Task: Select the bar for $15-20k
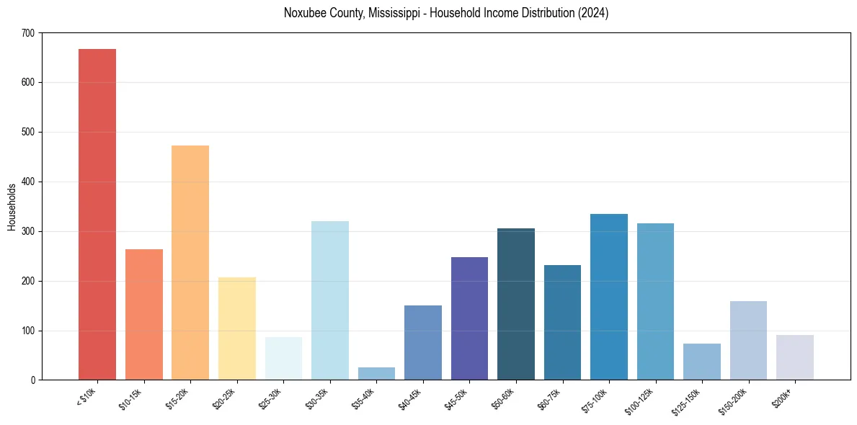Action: [190, 263]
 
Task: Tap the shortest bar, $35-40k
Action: [376, 374]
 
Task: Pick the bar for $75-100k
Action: [609, 297]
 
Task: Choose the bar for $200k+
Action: [795, 357]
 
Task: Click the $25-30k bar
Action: [283, 359]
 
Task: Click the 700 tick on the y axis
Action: [29, 33]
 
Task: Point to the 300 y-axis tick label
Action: [29, 231]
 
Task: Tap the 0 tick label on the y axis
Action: [33, 380]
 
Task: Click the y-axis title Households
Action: [12, 207]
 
